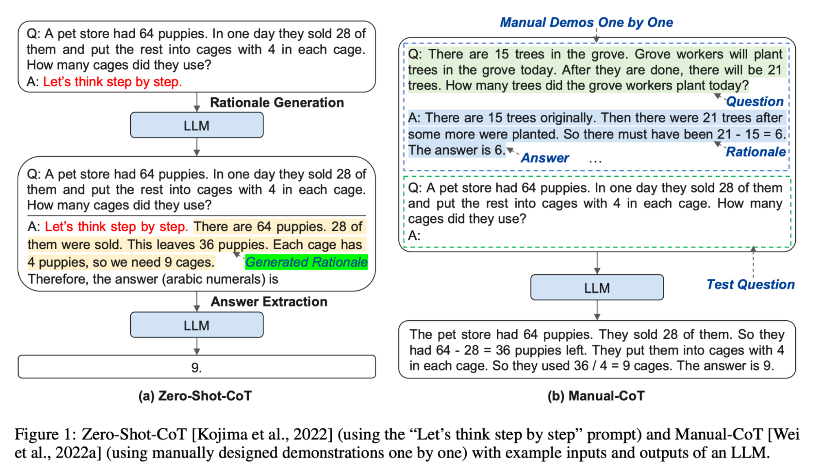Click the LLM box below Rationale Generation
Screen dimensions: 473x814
197,125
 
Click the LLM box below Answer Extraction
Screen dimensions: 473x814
197,325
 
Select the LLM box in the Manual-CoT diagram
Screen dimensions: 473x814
597,288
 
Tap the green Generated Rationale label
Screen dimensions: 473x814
306,262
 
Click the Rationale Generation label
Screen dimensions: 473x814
277,103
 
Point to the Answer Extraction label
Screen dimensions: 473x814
269,302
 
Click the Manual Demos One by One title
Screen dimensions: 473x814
586,22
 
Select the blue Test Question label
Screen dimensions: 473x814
750,284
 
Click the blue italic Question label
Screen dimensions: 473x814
755,101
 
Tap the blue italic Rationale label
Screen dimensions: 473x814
755,152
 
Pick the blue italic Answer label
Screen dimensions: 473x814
545,158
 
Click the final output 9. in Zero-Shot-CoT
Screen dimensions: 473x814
197,368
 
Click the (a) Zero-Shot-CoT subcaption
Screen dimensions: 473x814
195,396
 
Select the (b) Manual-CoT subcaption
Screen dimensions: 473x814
596,396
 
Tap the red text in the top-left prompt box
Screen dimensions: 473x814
112,82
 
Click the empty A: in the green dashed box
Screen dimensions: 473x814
414,235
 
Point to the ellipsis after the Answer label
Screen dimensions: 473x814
595,160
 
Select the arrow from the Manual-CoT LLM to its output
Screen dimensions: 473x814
597,310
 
